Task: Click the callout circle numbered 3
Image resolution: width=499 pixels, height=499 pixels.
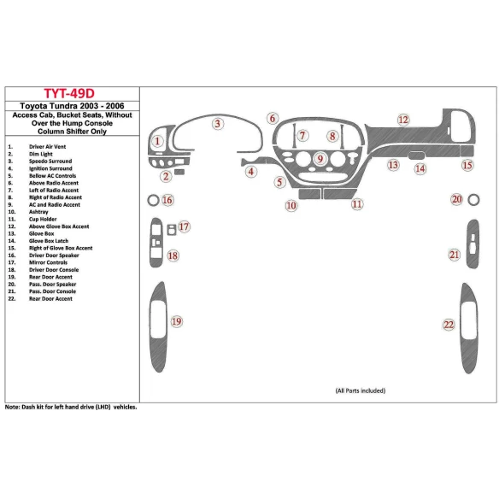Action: [x=218, y=124]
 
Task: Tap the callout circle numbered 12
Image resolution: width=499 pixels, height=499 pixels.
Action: [x=402, y=120]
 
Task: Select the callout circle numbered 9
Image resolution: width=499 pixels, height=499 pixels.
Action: [x=320, y=159]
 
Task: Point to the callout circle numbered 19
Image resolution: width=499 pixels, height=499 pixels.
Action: [x=176, y=321]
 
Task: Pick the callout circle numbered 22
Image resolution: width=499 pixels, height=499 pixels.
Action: [x=449, y=324]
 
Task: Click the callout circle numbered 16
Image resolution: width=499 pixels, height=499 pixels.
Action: [x=167, y=200]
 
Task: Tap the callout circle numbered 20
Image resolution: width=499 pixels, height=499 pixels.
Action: [x=456, y=199]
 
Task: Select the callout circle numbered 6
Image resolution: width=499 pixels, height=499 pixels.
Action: [x=272, y=119]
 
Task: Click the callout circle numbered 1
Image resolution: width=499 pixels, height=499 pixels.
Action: [x=157, y=142]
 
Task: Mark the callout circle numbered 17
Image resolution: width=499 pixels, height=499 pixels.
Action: [x=183, y=226]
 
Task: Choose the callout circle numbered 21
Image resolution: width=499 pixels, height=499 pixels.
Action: [x=455, y=254]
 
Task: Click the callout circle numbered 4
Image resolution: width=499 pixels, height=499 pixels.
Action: [x=251, y=172]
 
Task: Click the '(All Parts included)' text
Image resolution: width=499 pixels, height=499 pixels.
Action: [x=359, y=390]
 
